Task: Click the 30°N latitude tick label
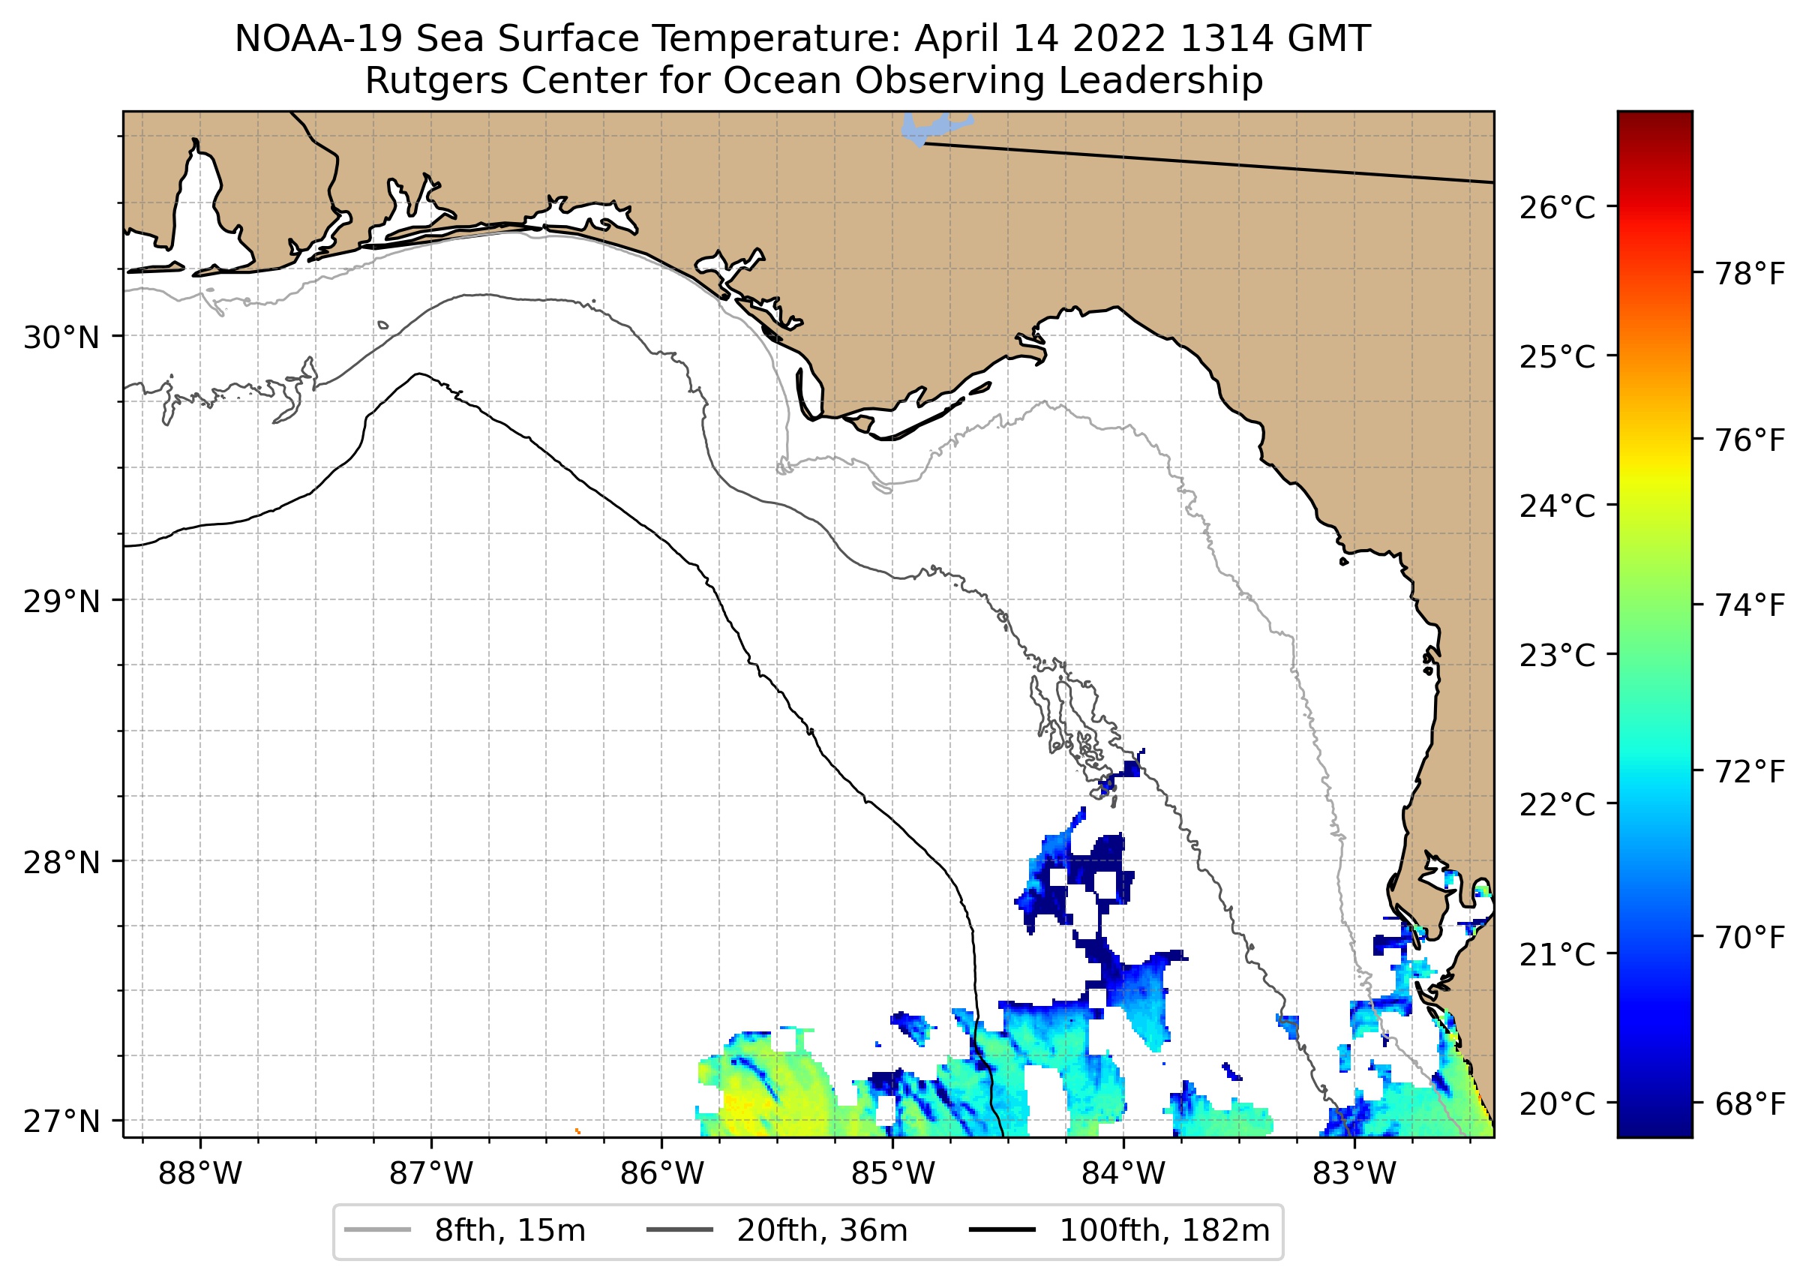pos(61,338)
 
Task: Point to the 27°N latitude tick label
pos(61,1121)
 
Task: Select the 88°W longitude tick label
pos(199,1174)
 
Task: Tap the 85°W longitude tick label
pos(892,1174)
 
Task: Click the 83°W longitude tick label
pos(1354,1174)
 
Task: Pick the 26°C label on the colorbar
pos(1556,209)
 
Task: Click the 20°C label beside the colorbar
pos(1556,1103)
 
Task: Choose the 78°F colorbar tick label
pos(1750,274)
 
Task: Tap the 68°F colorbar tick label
pos(1750,1103)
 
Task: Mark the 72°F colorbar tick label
pos(1750,771)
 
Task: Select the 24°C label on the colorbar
pos(1556,506)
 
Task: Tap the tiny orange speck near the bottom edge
pos(577,1131)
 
